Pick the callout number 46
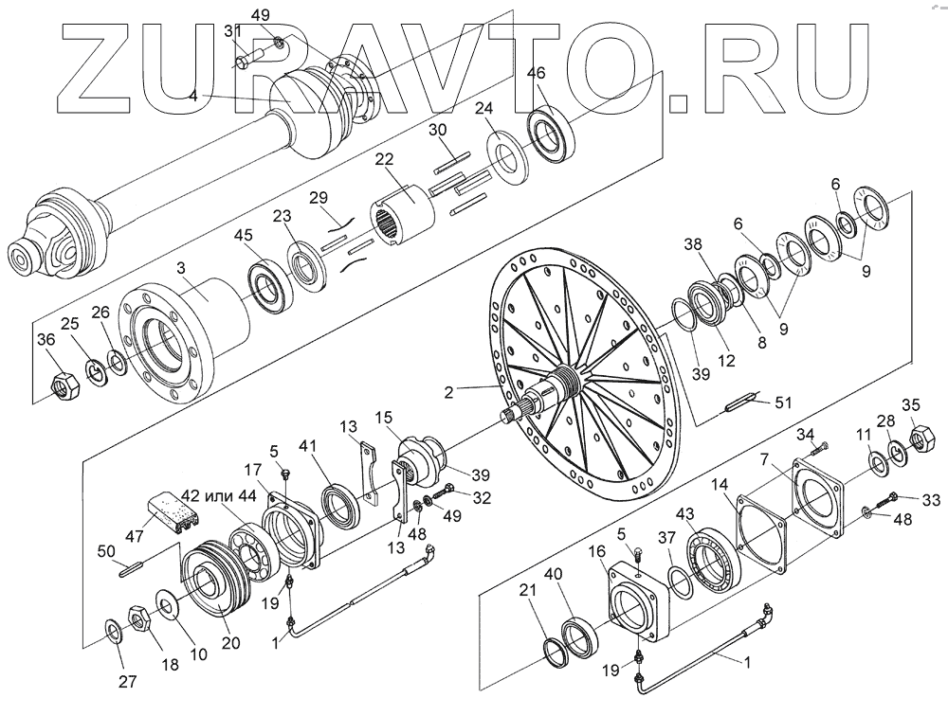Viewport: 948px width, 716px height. click(537, 74)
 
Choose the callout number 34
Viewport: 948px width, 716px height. click(805, 434)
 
